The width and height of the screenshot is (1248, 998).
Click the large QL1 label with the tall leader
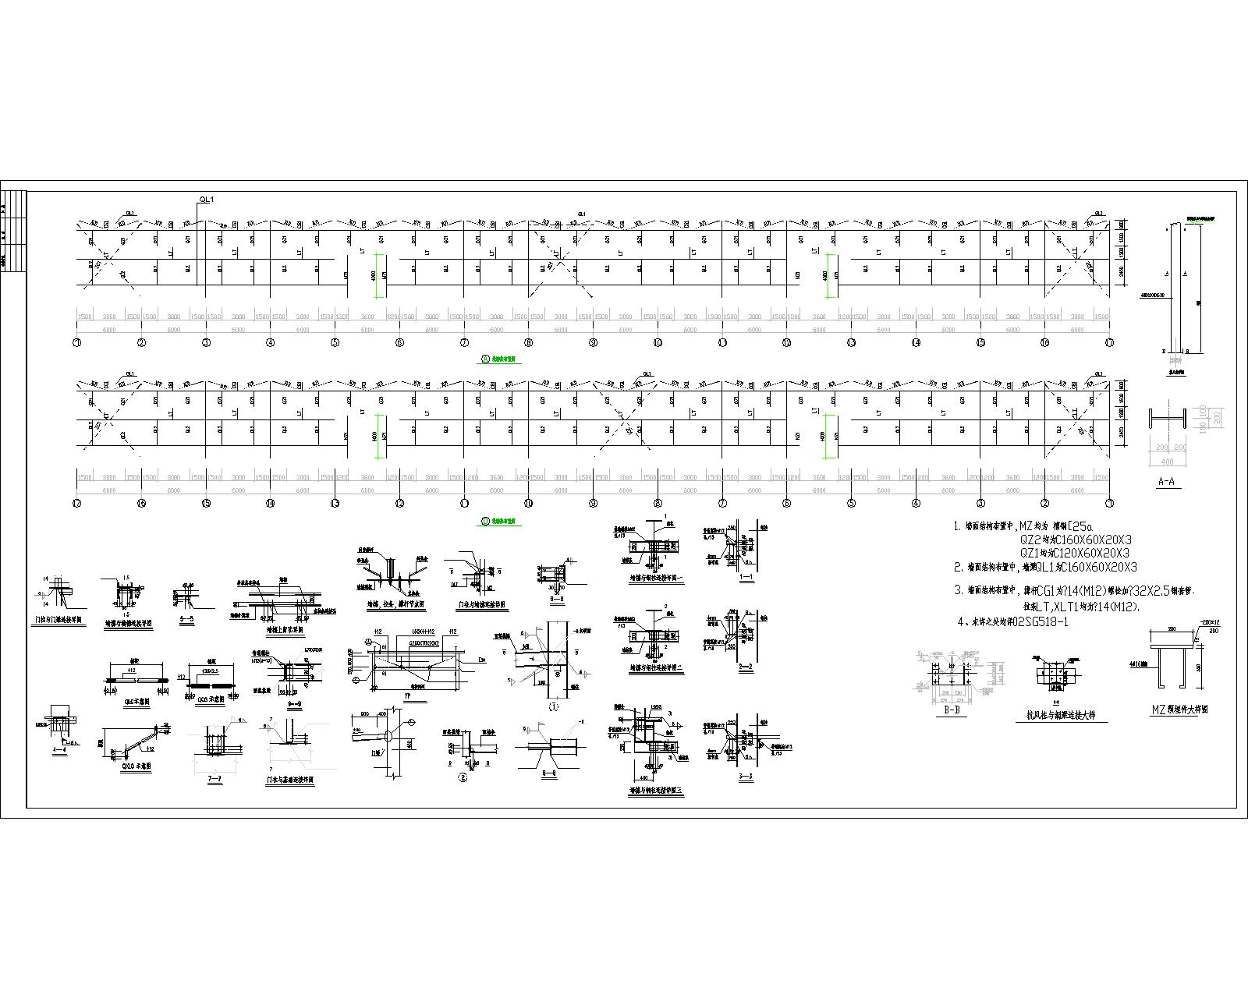[x=207, y=200]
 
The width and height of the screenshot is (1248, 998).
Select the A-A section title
[x=1166, y=482]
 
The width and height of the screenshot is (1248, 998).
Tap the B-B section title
[x=951, y=710]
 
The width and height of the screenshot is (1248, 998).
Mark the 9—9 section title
[x=295, y=692]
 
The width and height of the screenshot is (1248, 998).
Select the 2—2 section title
[x=746, y=667]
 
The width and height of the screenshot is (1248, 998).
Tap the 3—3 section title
[x=746, y=777]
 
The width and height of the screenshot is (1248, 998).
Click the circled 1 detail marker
[x=555, y=707]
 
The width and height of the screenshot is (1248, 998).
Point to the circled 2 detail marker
[x=463, y=777]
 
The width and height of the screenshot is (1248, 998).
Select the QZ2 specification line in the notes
[x=1076, y=539]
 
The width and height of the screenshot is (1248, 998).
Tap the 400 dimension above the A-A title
[x=1167, y=462]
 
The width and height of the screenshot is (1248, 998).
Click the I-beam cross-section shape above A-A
[x=1166, y=419]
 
